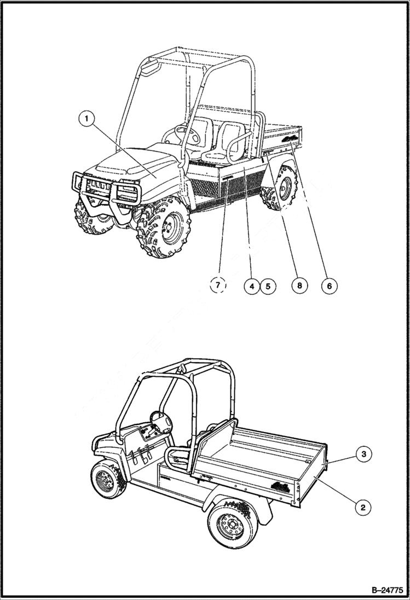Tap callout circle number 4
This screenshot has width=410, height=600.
(x=252, y=286)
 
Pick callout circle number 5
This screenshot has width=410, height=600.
(x=268, y=286)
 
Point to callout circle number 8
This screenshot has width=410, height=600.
(x=299, y=286)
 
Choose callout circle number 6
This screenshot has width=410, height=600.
(x=329, y=286)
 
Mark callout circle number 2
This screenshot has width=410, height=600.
(x=362, y=506)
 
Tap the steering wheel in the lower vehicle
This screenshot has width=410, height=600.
(x=161, y=421)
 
